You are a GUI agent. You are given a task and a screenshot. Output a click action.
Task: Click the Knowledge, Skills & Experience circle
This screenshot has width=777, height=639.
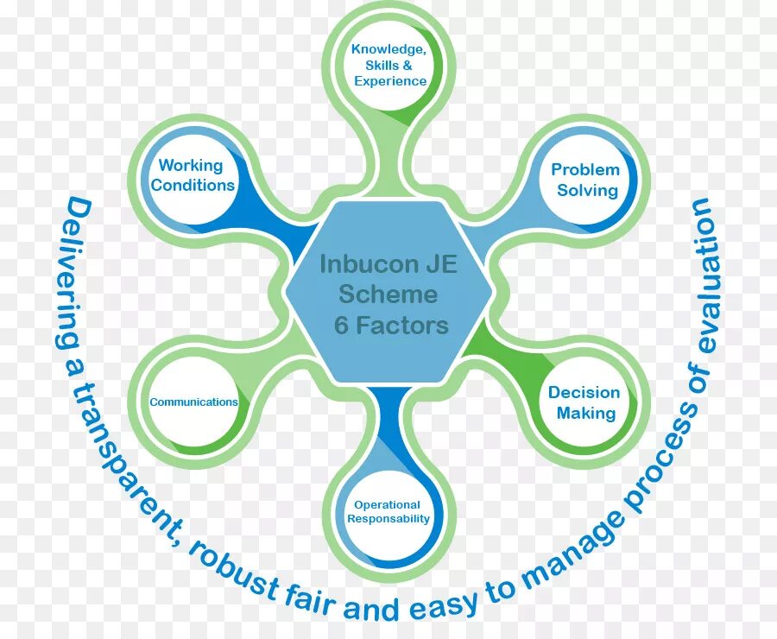click(x=389, y=66)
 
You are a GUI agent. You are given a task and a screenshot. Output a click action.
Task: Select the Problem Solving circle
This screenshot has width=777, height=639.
click(x=587, y=180)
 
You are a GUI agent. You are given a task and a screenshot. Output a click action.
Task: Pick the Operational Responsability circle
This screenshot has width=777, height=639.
click(x=388, y=512)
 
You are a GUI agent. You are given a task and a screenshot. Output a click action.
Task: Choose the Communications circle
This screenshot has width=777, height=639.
click(x=194, y=402)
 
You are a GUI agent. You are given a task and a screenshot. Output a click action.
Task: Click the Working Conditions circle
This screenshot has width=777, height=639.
click(x=193, y=175)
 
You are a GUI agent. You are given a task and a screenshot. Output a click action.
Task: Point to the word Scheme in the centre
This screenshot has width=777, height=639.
click(x=388, y=294)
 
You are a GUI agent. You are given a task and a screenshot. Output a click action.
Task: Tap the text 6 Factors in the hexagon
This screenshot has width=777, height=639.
click(x=392, y=325)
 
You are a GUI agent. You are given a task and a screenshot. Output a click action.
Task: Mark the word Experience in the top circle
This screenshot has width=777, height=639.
click(x=390, y=81)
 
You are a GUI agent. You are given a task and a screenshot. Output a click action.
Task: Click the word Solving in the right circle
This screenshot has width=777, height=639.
click(x=587, y=190)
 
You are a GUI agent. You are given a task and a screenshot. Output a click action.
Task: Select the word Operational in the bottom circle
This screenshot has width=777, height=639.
click(x=387, y=505)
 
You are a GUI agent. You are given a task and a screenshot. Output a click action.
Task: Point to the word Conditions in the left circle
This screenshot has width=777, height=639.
click(x=193, y=185)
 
